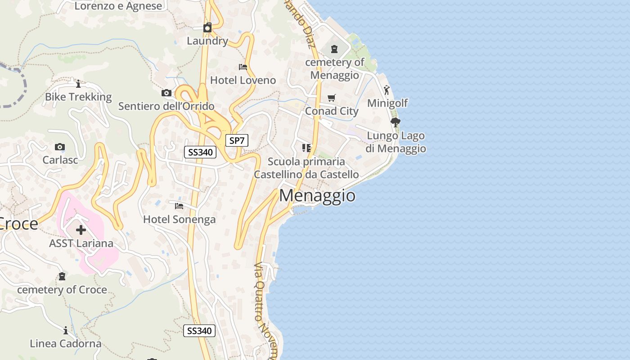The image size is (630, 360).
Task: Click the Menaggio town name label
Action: (317, 196)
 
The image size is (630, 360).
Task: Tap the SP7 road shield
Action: (237, 140)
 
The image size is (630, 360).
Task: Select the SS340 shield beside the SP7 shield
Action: (200, 152)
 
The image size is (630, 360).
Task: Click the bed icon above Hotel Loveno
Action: (243, 67)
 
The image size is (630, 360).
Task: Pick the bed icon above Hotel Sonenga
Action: (179, 206)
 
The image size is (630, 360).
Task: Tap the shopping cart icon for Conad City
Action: (332, 98)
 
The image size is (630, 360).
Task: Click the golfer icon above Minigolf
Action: (387, 90)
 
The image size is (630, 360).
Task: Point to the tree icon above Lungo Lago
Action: (396, 122)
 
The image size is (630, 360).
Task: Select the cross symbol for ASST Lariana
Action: (81, 230)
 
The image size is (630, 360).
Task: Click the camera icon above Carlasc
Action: (60, 147)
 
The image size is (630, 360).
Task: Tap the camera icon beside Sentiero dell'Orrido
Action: (166, 93)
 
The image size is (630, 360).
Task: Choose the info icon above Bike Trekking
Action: (78, 84)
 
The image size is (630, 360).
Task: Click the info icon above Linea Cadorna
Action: (66, 331)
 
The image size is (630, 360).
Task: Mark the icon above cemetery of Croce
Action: (62, 276)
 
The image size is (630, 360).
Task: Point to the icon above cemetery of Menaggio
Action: (334, 49)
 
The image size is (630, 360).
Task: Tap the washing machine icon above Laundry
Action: (207, 27)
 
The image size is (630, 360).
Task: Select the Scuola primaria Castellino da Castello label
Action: (306, 168)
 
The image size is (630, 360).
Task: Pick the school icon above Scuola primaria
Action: (306, 148)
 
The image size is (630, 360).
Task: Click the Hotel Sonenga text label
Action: (179, 220)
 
